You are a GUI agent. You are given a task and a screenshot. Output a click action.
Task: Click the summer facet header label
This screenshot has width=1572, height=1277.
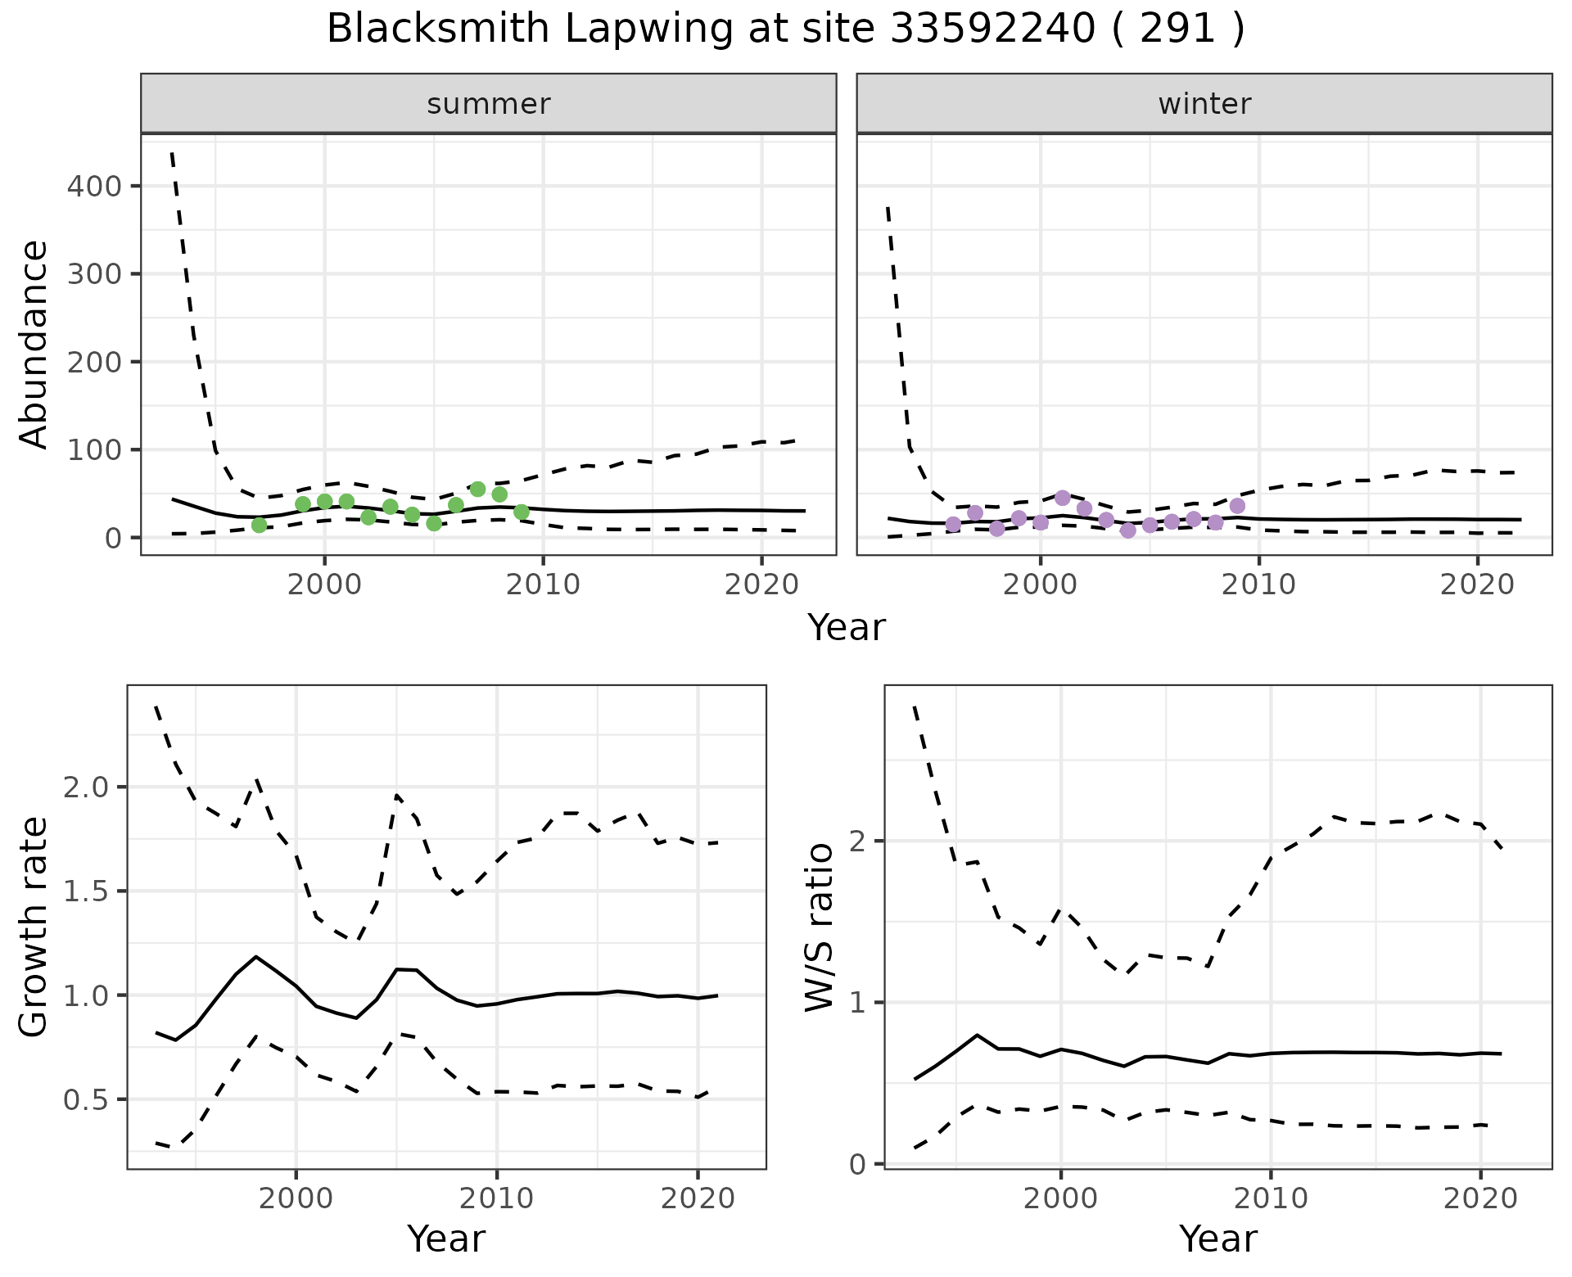(x=489, y=104)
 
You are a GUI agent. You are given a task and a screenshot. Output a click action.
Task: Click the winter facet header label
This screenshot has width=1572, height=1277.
(x=1204, y=104)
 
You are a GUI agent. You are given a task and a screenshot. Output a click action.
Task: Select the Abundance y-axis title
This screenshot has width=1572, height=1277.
(x=34, y=344)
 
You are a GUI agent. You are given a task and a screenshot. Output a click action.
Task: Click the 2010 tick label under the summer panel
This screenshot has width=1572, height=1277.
(x=543, y=585)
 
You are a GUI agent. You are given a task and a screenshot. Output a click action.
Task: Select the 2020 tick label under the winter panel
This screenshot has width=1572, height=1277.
(x=1478, y=585)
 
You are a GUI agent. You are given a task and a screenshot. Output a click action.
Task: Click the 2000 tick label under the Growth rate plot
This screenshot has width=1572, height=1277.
(x=296, y=1199)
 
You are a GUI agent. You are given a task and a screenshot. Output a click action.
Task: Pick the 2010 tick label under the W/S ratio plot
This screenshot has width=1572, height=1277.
(x=1270, y=1199)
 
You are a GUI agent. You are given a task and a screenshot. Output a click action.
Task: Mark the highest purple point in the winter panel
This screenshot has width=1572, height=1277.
(x=1063, y=498)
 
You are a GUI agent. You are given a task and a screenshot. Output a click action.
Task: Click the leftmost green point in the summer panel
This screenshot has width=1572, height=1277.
(x=260, y=525)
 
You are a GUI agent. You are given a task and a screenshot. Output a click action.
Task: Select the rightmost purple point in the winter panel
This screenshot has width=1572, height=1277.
(x=1237, y=506)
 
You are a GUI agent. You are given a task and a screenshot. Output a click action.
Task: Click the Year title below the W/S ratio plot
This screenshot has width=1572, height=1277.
(x=1217, y=1239)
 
